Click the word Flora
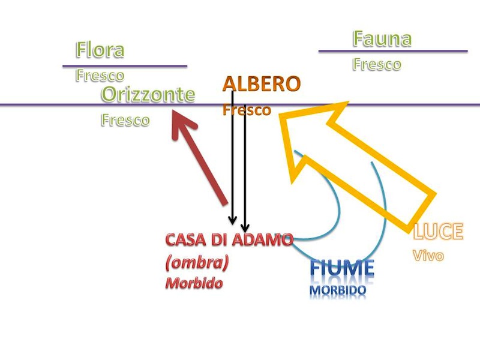point(100,50)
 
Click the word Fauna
point(382,39)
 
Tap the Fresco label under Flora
point(100,76)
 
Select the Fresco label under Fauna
point(376,64)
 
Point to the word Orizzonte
point(148,94)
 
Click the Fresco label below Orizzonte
point(125,119)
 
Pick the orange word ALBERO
point(261,84)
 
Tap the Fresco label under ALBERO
point(246,110)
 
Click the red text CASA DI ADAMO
point(229,240)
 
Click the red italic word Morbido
point(193,283)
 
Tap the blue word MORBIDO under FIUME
point(338,290)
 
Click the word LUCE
point(438,231)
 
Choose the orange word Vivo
point(428,255)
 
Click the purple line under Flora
point(125,65)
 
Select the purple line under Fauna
point(392,51)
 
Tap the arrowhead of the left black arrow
point(233,220)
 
